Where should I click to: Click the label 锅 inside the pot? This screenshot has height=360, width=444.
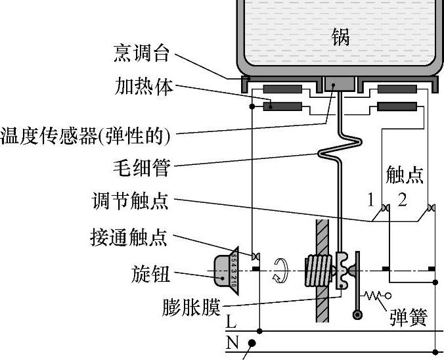[340, 37]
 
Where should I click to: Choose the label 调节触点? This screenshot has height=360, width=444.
[130, 201]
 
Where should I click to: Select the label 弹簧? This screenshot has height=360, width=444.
[408, 317]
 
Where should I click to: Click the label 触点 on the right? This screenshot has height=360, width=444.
[405, 175]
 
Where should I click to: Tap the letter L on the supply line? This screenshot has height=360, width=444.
[231, 323]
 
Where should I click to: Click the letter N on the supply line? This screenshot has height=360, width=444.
[231, 342]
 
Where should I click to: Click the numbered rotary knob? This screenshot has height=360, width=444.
[225, 270]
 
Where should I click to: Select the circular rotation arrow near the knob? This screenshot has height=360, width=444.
[281, 270]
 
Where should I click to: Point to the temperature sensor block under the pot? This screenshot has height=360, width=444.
[340, 83]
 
